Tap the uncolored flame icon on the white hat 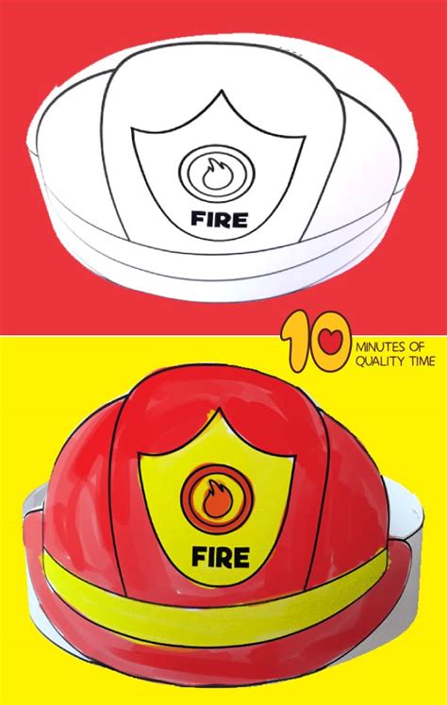point(218,173)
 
